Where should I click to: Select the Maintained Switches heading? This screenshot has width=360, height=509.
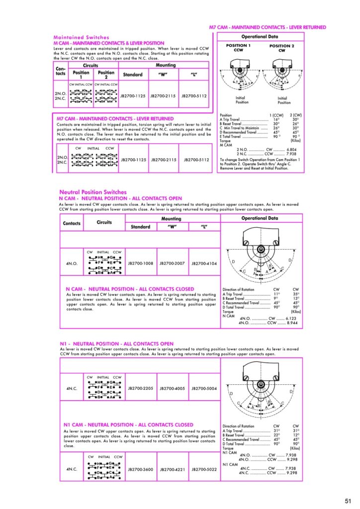81,37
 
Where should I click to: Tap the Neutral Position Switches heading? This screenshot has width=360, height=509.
93,192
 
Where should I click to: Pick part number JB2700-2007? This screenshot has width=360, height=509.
172,263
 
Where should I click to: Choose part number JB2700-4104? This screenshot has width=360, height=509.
204,263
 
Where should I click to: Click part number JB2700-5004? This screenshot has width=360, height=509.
204,388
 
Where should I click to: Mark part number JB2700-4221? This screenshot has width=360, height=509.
172,469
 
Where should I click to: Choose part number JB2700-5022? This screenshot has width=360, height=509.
204,469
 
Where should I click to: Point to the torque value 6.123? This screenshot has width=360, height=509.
290,318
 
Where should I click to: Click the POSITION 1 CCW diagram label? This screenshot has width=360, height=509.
239,48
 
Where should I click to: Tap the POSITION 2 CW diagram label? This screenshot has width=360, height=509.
281,48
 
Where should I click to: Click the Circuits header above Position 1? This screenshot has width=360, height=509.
90,65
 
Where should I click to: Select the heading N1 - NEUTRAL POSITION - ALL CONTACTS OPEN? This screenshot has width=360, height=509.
117,343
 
